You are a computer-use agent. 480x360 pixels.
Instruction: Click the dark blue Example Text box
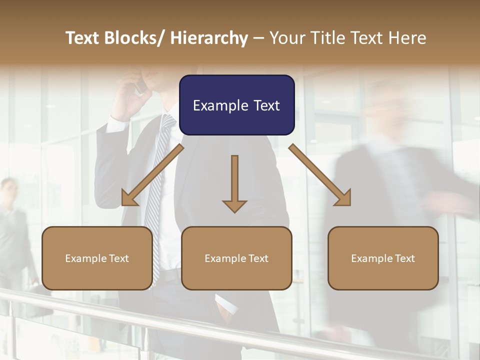pyautogui.click(x=236, y=105)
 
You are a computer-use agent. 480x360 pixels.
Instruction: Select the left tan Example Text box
pyautogui.click(x=97, y=258)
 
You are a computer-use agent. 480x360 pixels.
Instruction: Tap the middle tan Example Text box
pyautogui.click(x=236, y=258)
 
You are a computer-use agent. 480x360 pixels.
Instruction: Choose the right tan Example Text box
pyautogui.click(x=383, y=258)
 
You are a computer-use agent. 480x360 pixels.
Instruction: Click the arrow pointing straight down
pyautogui.click(x=234, y=183)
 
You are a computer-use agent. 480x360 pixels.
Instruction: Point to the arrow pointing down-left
pyautogui.click(x=152, y=175)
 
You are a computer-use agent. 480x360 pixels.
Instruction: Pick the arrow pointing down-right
pyautogui.click(x=320, y=175)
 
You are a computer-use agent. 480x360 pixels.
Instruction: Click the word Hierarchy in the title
pyautogui.click(x=209, y=38)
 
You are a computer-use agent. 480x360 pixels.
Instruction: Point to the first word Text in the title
pyautogui.click(x=83, y=38)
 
